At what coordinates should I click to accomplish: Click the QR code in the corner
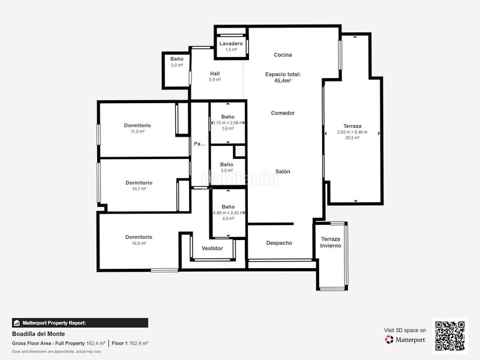coord(450,335)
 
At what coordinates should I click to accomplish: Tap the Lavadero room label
coord(231,44)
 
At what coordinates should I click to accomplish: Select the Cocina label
coord(283,55)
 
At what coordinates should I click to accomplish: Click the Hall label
coord(215,74)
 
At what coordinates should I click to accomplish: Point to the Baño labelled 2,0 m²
coord(176,59)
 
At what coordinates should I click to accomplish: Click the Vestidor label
coord(212,248)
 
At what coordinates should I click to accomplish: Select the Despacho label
coord(279,243)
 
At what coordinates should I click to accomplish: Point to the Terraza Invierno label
coord(331,242)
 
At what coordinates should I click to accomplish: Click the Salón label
coord(283,172)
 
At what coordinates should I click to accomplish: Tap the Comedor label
coord(283,113)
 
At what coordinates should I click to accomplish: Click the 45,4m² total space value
coord(283,80)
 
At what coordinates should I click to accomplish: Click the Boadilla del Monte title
coord(38,334)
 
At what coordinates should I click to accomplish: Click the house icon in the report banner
coord(17,323)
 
